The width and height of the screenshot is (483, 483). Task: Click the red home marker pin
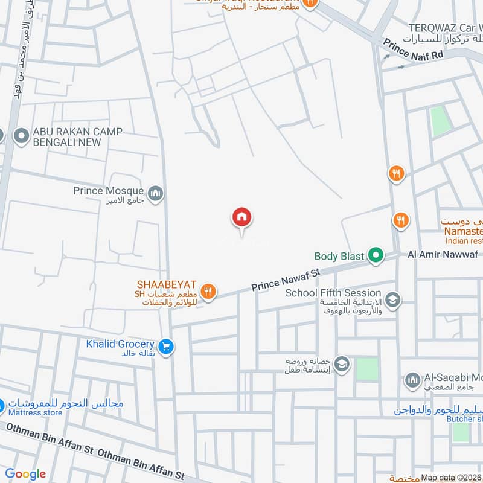[242, 217]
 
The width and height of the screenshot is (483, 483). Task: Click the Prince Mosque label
[109, 191]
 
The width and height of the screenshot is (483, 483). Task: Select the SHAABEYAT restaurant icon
[208, 291]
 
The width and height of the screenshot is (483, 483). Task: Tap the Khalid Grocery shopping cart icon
[167, 347]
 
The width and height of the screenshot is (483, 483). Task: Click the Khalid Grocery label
[120, 343]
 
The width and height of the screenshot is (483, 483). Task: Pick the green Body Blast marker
[376, 256]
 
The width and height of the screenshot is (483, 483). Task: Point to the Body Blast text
[339, 257]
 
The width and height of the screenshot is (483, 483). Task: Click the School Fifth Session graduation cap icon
[392, 299]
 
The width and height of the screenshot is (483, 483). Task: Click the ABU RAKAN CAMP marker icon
[22, 136]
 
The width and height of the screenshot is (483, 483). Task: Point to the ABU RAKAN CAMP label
[77, 137]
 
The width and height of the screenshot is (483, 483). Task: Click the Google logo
[26, 473]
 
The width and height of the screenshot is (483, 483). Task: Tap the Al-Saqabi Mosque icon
[412, 380]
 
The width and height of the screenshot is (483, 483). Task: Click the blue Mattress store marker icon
[2, 405]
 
